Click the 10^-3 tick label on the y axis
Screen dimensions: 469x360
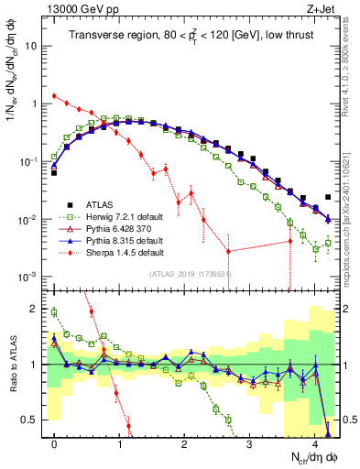pyautogui.click(x=28, y=278)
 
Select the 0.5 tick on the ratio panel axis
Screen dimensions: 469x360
pyautogui.click(x=30, y=420)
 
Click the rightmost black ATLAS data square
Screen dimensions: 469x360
pyautogui.click(x=328, y=197)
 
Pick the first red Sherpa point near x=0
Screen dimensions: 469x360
pyautogui.click(x=55, y=95)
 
